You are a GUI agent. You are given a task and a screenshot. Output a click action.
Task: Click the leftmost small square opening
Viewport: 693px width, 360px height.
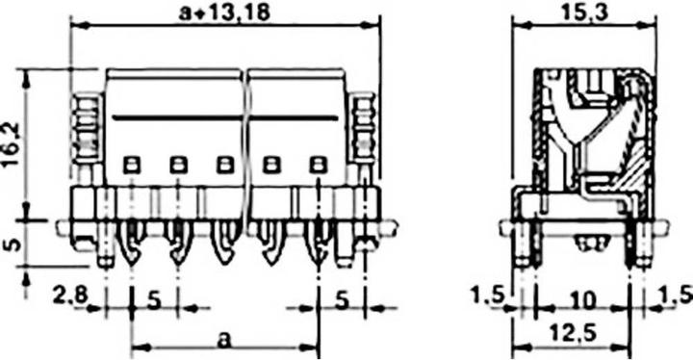click(x=131, y=164)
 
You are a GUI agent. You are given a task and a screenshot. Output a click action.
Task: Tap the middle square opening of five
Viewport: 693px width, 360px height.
click(x=224, y=164)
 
